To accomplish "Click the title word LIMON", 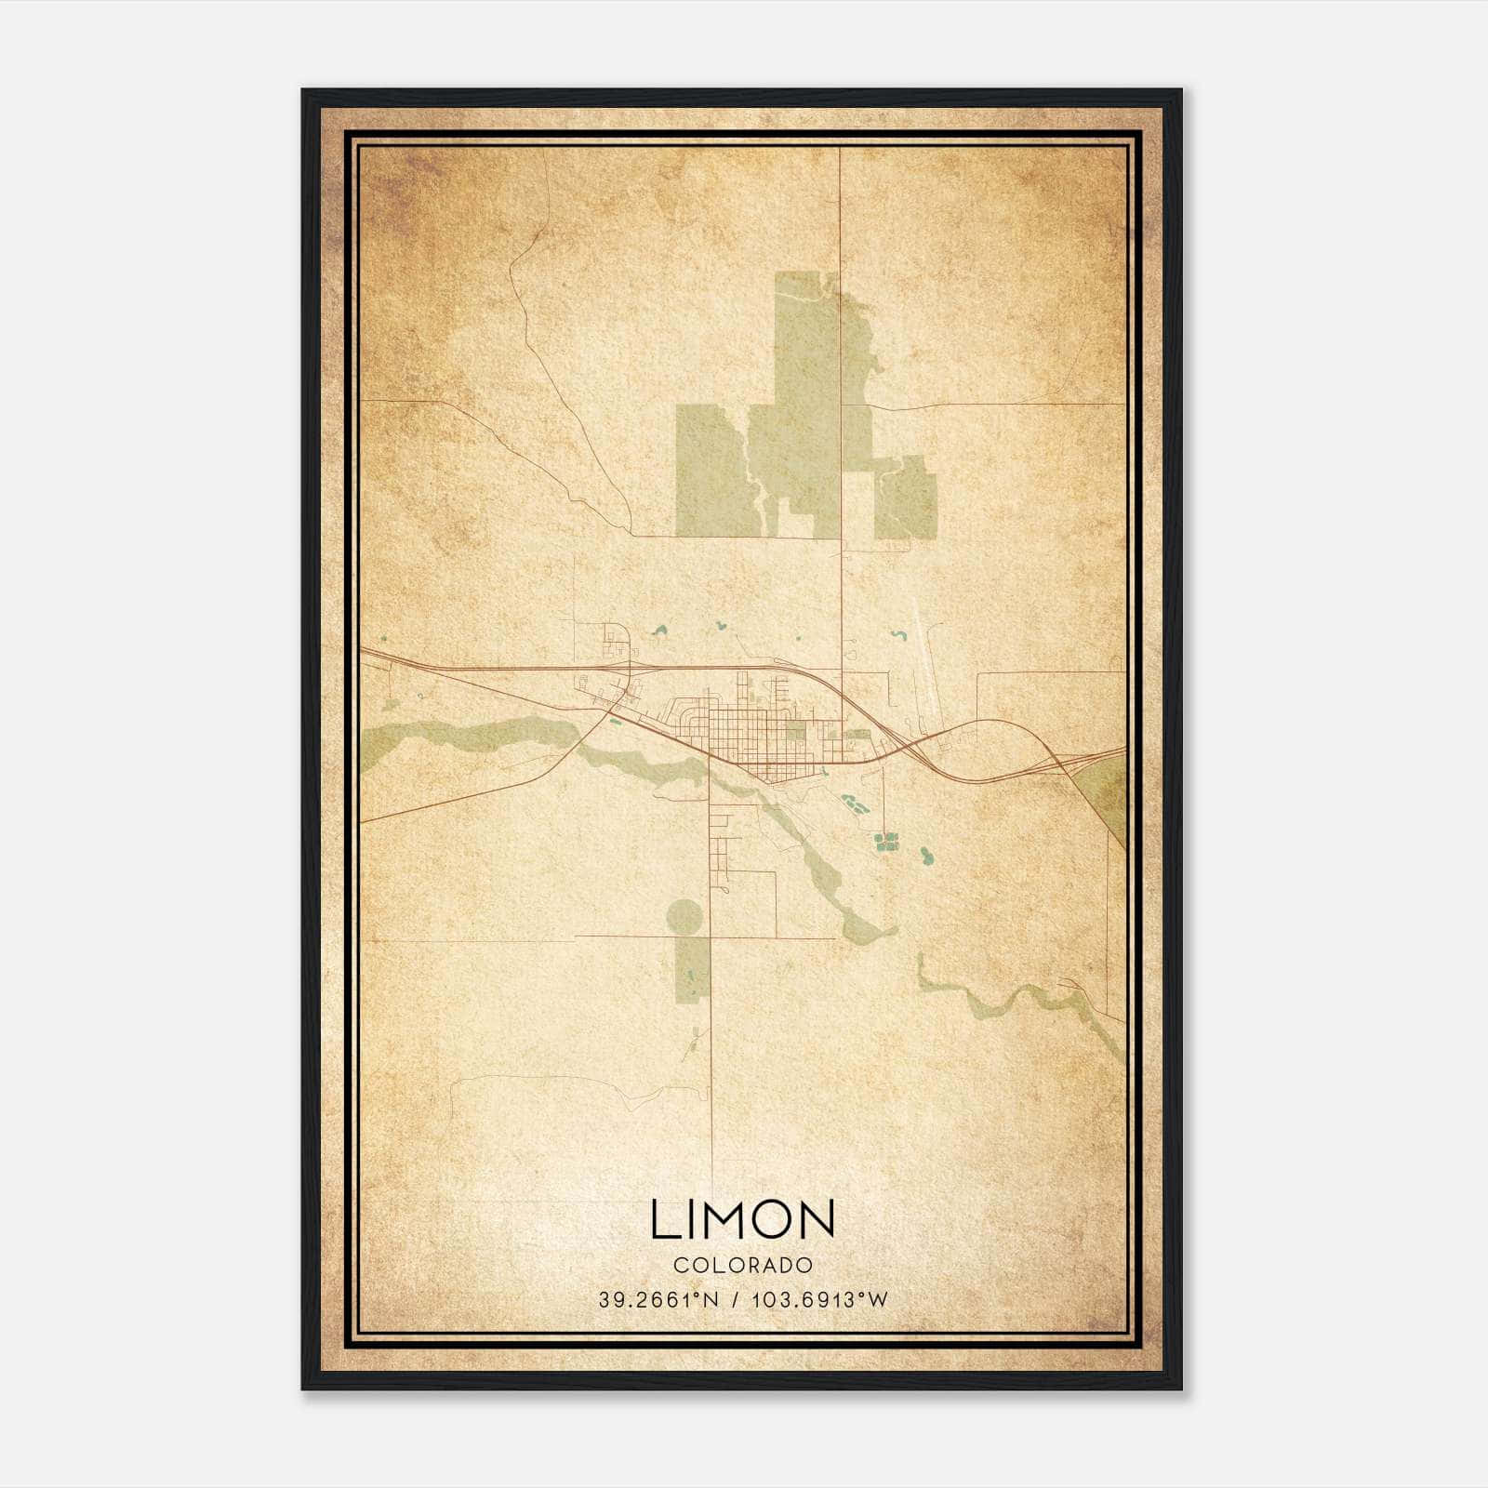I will point(742,1219).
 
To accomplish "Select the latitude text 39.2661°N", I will point(658,1300).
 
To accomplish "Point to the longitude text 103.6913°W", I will point(819,1300).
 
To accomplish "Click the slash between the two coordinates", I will point(736,1300).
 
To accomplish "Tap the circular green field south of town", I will point(684,917).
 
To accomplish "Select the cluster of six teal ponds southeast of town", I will point(886,842).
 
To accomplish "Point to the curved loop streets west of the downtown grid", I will point(693,721).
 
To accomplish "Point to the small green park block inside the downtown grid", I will point(796,733).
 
